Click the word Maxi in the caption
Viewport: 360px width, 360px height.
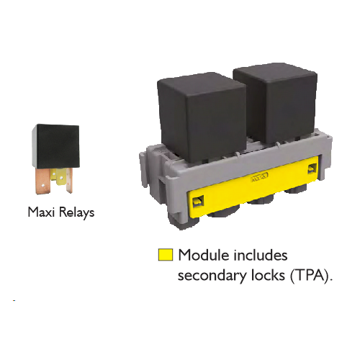[41, 212]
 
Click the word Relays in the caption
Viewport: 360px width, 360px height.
[76, 213]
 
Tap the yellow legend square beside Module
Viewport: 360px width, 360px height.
[166, 255]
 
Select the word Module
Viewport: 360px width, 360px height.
[204, 255]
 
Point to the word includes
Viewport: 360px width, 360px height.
[261, 255]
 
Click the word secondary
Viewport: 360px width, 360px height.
[212, 276]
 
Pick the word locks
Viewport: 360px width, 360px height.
[268, 275]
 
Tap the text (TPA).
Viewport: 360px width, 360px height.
[311, 276]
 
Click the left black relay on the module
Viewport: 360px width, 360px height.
[203, 117]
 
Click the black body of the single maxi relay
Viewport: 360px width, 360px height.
[56, 146]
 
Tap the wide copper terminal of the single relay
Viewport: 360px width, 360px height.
[43, 181]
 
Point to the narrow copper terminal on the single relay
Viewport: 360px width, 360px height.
[69, 180]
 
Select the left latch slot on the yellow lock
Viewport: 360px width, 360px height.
[197, 201]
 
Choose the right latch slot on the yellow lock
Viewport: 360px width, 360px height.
[312, 169]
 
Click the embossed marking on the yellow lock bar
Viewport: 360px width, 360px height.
[259, 176]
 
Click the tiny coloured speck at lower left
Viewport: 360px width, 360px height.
[14, 300]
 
